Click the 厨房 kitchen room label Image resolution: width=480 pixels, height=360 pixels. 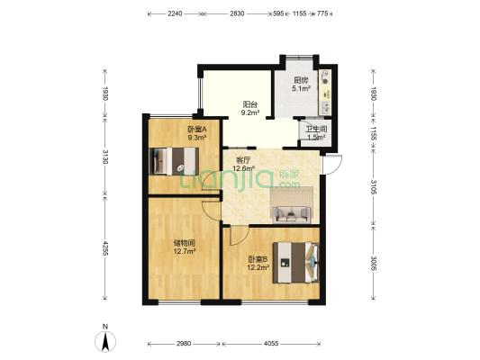click(301, 80)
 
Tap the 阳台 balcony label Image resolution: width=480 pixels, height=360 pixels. click(249, 104)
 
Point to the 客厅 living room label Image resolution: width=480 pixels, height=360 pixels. click(244, 160)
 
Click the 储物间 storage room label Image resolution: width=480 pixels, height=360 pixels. click(185, 244)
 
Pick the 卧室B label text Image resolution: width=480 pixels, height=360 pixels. click(258, 259)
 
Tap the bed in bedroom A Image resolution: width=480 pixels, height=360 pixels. click(174, 161)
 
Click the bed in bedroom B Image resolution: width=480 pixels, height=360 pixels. click(296, 263)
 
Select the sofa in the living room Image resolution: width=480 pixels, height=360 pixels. click(292, 214)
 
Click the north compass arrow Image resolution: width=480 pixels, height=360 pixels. click(105, 341)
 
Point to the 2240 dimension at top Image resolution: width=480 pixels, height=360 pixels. click(175, 13)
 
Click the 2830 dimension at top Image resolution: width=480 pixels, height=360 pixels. click(237, 13)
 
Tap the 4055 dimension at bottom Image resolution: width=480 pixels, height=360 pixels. click(271, 344)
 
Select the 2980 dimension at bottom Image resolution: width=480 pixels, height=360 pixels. click(184, 344)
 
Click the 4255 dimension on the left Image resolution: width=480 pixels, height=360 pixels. click(105, 248)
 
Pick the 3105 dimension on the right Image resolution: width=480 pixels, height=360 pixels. click(373, 187)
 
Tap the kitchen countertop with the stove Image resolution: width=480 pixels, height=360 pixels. click(325, 92)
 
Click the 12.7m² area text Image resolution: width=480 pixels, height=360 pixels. click(185, 251)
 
